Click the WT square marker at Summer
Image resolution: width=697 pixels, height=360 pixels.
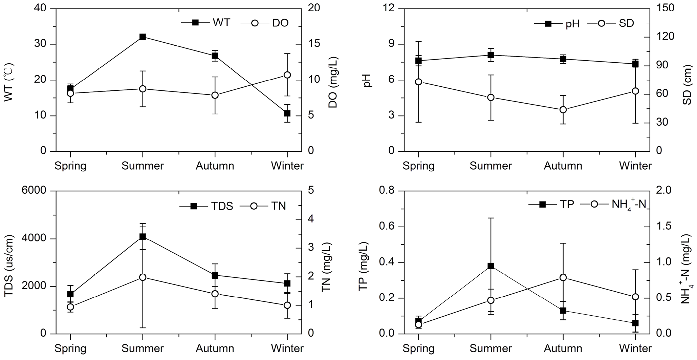[x=143, y=37]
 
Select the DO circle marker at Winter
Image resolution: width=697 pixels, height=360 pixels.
[x=287, y=75]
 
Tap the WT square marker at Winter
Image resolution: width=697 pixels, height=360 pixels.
[x=287, y=113]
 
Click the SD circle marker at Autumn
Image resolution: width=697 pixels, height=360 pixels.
[x=563, y=110]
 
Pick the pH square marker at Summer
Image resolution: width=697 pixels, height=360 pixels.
[x=491, y=55]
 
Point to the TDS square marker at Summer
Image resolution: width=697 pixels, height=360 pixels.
[x=143, y=236]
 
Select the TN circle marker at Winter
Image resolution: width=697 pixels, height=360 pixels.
[x=287, y=305]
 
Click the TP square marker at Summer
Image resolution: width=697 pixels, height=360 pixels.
[x=491, y=266]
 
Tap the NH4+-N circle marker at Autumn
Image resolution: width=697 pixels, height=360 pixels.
[x=563, y=278]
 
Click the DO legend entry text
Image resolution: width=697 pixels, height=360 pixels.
[x=280, y=23]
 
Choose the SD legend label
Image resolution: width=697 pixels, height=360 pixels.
[x=626, y=23]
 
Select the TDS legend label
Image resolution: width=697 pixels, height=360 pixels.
[x=223, y=206]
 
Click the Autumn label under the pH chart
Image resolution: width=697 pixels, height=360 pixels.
[x=563, y=166]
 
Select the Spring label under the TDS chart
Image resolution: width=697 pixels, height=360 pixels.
[x=70, y=349]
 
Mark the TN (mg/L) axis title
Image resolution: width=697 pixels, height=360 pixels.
[x=326, y=268]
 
